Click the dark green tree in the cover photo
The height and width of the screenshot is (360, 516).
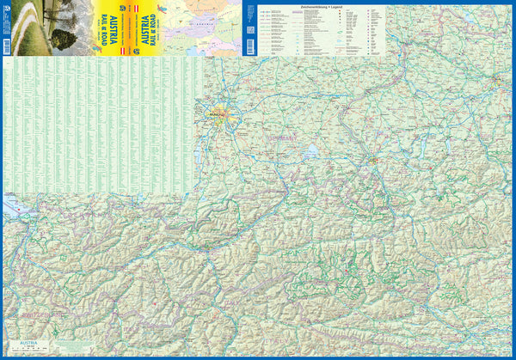point(63,36)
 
